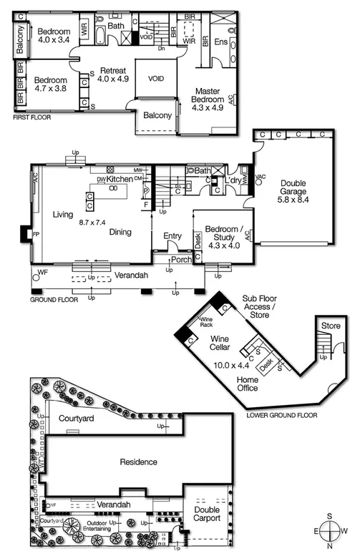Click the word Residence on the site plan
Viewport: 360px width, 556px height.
pos(138,462)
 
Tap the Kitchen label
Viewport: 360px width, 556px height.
pos(120,178)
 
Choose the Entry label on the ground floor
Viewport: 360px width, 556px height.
pos(172,235)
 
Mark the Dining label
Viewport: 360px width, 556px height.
pos(122,232)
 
